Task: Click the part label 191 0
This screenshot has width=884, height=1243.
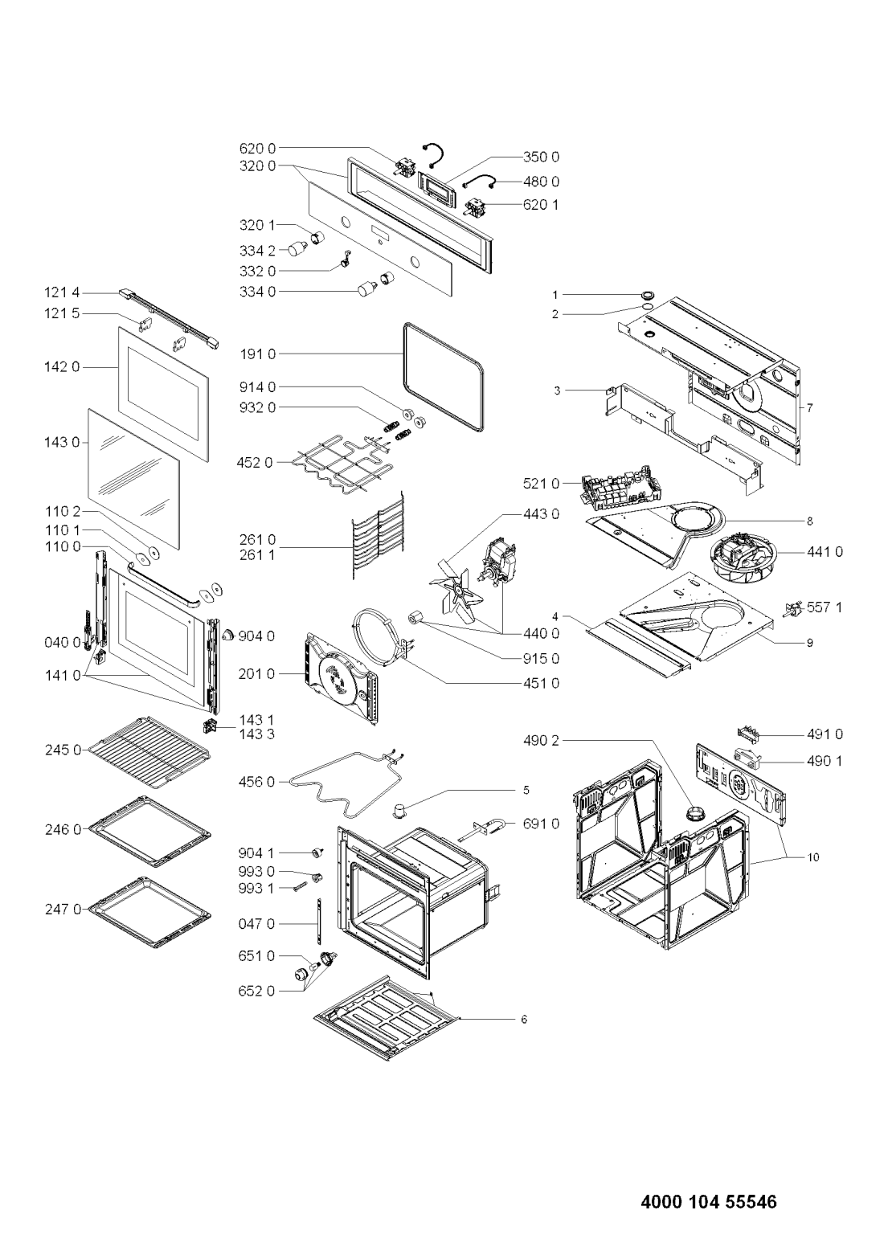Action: (x=257, y=354)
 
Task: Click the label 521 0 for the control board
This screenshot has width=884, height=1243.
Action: (x=542, y=484)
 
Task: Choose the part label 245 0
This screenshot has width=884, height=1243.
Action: (x=63, y=750)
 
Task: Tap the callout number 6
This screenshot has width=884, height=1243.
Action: (x=525, y=1020)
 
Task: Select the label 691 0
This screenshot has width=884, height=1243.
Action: (x=541, y=824)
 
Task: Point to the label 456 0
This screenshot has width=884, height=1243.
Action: (x=257, y=782)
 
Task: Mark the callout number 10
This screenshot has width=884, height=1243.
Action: (x=813, y=857)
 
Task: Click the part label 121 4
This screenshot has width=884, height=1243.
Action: (x=63, y=292)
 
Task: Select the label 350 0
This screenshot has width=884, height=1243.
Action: (x=541, y=157)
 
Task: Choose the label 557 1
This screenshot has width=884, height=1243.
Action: (x=825, y=607)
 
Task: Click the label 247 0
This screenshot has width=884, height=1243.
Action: (x=63, y=909)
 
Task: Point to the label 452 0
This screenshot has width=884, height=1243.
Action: (x=256, y=463)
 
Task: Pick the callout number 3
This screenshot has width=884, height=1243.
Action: (x=557, y=390)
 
